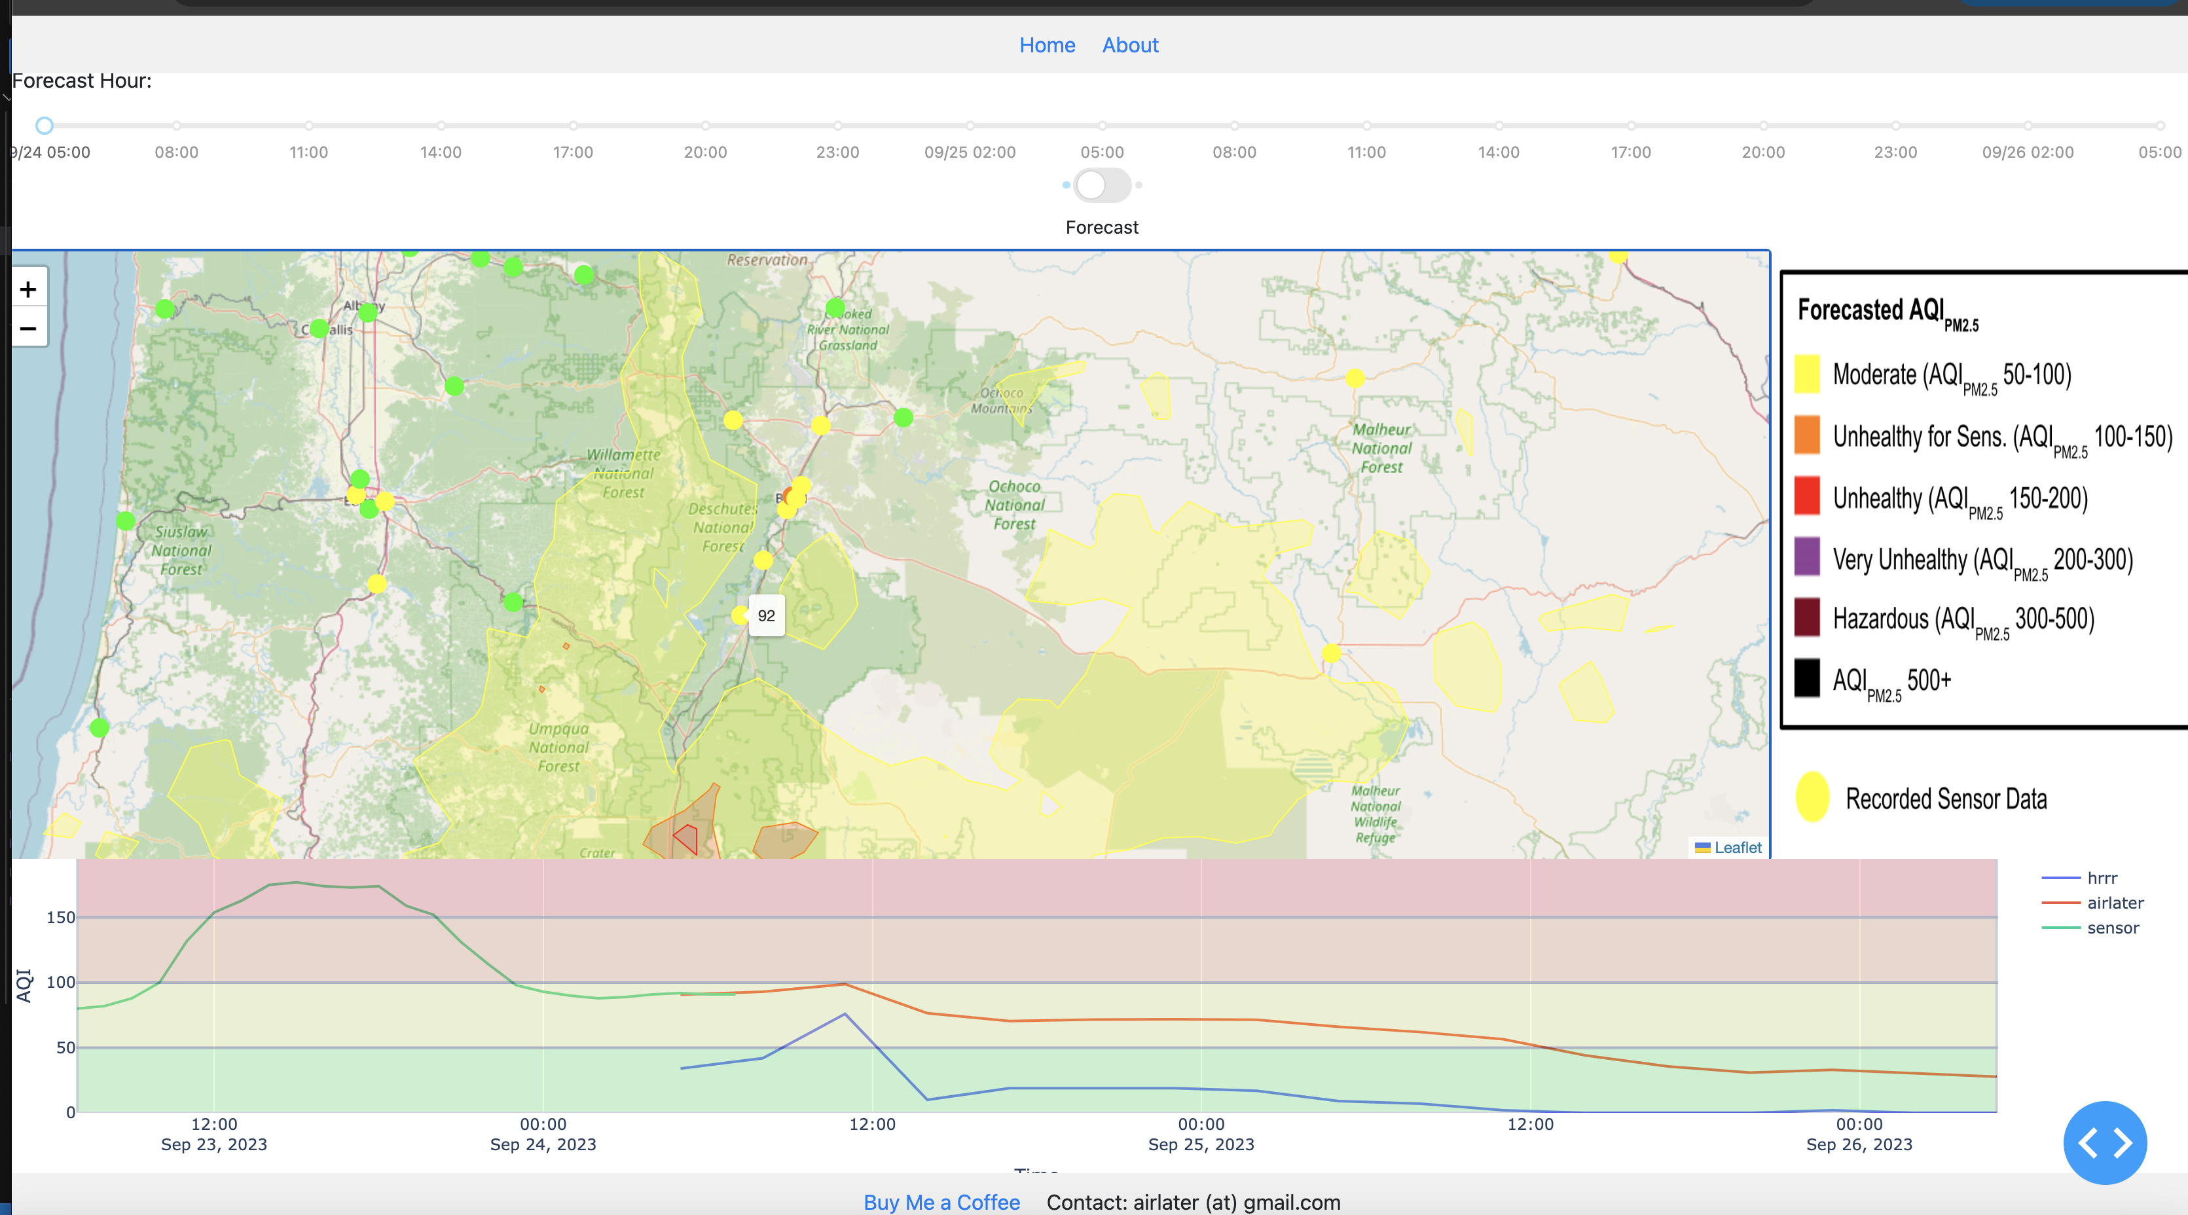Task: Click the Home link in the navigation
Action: coord(1046,45)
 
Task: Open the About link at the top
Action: coord(1129,45)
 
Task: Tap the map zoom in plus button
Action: coord(28,289)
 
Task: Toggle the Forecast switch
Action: coord(1102,185)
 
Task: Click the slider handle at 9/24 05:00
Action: coord(44,126)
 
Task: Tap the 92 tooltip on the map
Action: coord(766,615)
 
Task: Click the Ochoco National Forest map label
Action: coord(1014,505)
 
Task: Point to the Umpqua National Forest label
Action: coord(558,747)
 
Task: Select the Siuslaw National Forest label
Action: coord(181,550)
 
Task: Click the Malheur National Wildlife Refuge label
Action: coord(1375,814)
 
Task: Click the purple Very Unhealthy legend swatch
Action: coord(1806,556)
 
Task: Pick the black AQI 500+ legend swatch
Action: coord(1806,678)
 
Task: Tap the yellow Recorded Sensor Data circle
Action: coord(1812,797)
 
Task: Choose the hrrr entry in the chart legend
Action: coord(2102,878)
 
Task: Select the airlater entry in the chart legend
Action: coord(2114,903)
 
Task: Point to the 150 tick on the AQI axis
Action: coord(60,917)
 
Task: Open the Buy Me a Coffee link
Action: coord(941,1203)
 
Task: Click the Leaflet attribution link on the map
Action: coord(1737,847)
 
